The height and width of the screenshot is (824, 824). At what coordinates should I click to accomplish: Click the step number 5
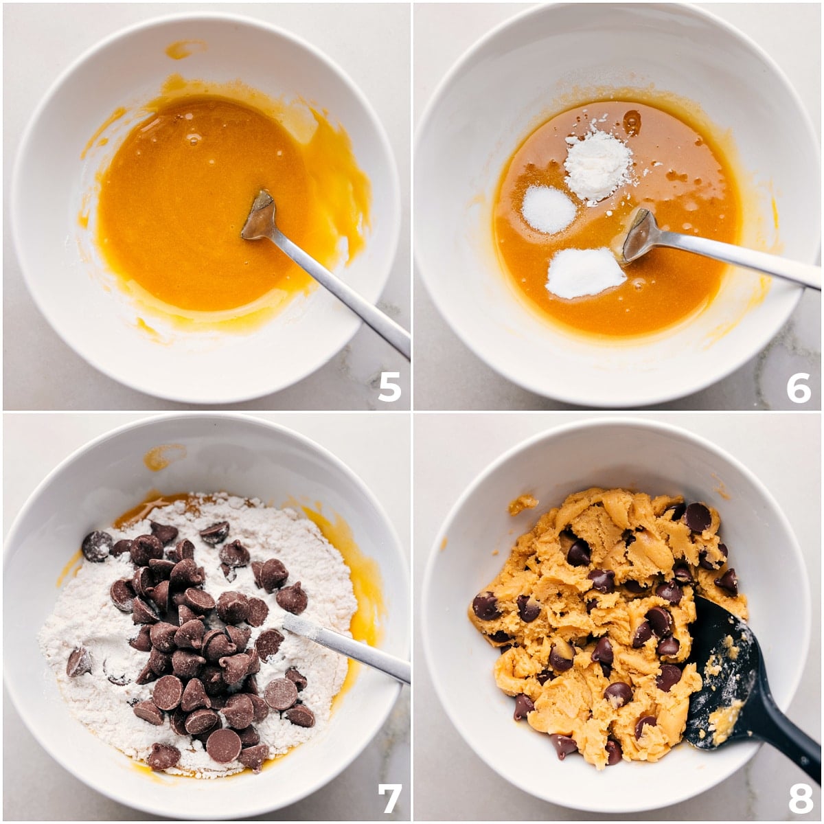389,387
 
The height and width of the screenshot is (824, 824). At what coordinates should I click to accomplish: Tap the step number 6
799,387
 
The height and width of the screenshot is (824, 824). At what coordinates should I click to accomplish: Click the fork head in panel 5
259,215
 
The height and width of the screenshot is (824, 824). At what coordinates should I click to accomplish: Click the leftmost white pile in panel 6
549,209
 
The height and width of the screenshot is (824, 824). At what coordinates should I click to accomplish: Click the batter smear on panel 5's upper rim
185,48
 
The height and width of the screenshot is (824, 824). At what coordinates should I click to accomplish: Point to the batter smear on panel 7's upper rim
164,456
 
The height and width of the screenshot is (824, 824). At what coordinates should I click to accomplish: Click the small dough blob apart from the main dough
523,504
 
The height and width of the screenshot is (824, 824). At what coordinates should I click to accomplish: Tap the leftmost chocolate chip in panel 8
486,606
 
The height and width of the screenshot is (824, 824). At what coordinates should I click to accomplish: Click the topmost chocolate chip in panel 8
698,518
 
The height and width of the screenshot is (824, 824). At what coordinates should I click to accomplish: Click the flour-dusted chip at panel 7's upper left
97,546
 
